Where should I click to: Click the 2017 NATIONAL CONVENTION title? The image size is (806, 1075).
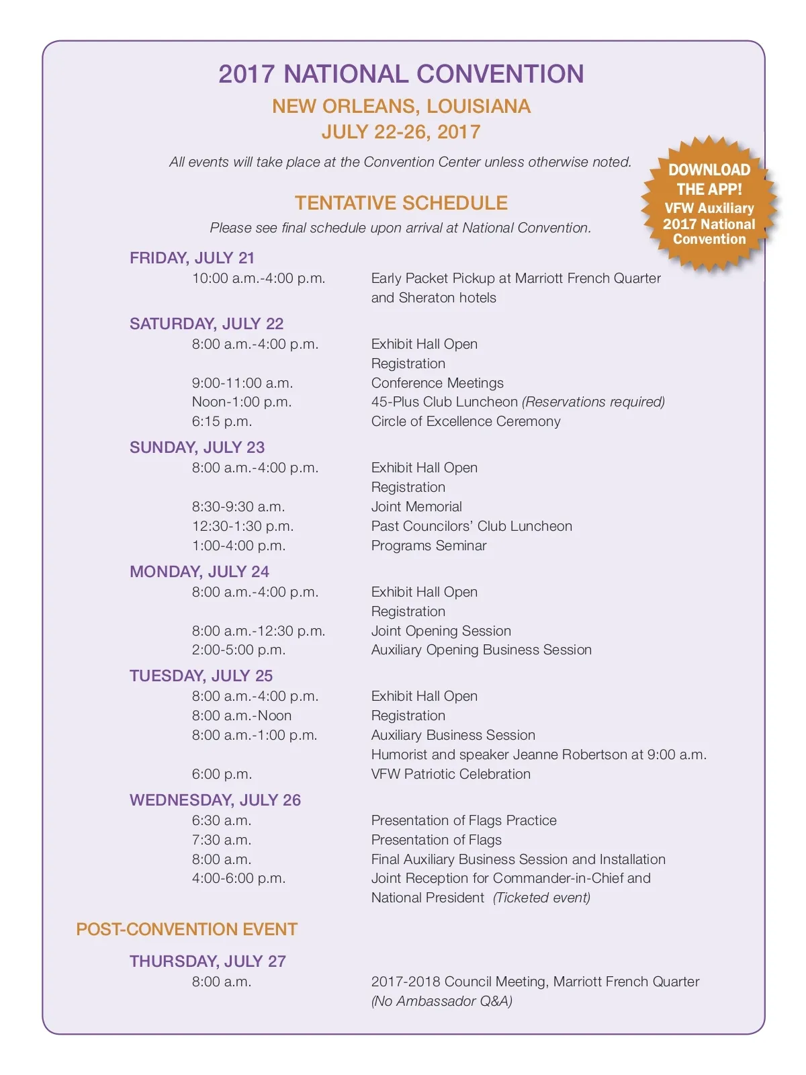coord(401,74)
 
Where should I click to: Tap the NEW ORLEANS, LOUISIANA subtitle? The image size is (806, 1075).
coord(401,106)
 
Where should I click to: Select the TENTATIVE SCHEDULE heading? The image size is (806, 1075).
coord(401,203)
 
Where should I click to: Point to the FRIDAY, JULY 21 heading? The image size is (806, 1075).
coord(192,258)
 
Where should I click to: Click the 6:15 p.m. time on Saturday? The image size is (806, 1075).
coord(222,421)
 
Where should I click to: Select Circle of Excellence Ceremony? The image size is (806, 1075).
coord(465,421)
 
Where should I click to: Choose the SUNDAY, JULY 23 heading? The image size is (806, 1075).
coord(197,447)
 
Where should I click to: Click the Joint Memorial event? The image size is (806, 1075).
coord(416,507)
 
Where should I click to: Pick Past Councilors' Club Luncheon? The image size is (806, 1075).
coord(472,526)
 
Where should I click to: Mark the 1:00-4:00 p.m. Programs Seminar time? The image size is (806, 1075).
coord(238,546)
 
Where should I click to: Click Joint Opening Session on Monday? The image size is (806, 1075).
coord(441,631)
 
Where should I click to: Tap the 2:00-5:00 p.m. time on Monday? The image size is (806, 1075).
coord(238,650)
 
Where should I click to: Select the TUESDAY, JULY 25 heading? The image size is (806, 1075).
coord(201,676)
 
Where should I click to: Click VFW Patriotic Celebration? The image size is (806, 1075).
coord(451,774)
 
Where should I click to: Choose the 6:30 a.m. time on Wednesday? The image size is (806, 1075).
coord(222,820)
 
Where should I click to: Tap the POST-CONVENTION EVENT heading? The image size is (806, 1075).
coord(187,929)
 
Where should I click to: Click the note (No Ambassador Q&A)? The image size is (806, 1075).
coord(442,1001)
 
